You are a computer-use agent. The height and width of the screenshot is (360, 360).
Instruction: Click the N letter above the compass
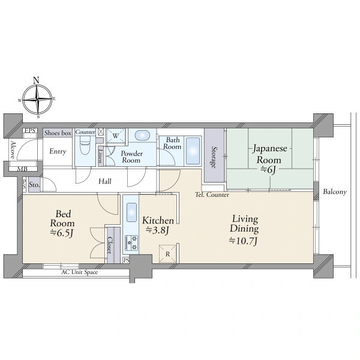click(x=36, y=80)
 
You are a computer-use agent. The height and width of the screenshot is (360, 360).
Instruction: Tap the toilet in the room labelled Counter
click(x=85, y=145)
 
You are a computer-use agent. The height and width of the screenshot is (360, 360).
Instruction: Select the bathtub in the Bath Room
click(x=193, y=151)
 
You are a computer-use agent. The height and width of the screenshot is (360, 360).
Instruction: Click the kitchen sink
click(x=131, y=212)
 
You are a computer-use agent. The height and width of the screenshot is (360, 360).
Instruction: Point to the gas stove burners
click(x=131, y=243)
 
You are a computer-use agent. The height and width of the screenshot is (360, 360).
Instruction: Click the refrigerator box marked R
click(x=168, y=254)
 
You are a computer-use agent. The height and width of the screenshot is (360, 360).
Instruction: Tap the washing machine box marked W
click(x=116, y=136)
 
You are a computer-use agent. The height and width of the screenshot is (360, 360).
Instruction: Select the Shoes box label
click(x=58, y=133)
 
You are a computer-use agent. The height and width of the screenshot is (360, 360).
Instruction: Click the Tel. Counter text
click(x=212, y=194)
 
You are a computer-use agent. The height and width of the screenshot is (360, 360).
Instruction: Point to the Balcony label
click(x=335, y=192)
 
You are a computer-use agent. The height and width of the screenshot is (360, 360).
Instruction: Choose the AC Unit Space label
click(x=79, y=272)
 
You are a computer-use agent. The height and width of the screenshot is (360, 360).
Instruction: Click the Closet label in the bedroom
click(x=110, y=245)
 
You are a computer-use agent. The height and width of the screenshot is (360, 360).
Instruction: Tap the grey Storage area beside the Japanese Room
click(x=214, y=155)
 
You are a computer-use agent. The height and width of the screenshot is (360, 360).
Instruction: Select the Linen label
click(x=100, y=156)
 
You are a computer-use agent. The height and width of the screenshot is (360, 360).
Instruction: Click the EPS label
click(x=30, y=131)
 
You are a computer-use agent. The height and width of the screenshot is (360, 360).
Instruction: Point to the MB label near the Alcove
click(x=22, y=169)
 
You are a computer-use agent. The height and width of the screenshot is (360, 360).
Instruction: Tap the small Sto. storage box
click(x=34, y=184)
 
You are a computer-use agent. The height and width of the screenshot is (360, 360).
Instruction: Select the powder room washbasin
click(x=142, y=135)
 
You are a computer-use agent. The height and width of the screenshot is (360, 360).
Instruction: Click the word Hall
click(x=105, y=181)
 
